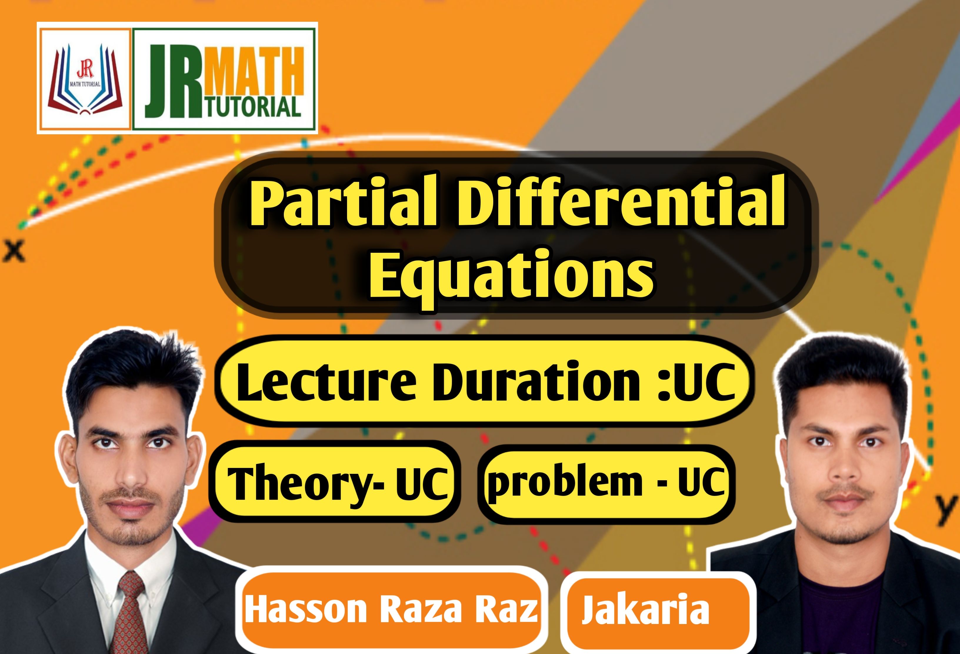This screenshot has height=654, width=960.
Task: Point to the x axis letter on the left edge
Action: pyautogui.click(x=14, y=251)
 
